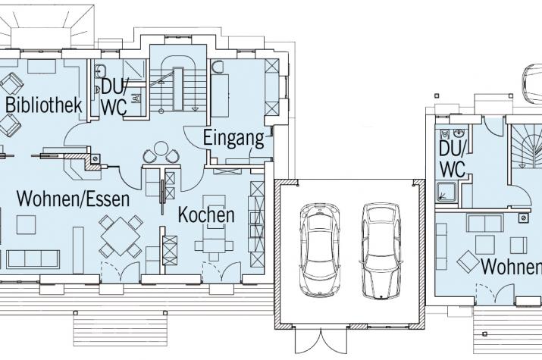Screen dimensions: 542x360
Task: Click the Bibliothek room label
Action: (44, 105)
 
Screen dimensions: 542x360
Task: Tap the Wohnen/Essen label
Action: (74, 199)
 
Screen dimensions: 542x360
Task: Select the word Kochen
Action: (206, 214)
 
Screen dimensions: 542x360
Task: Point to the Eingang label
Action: (233, 138)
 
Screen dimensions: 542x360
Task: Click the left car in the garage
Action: (319, 250)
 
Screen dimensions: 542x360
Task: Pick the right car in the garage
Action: (381, 250)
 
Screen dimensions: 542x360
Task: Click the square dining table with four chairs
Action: (121, 236)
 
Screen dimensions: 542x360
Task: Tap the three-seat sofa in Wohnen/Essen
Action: (33, 259)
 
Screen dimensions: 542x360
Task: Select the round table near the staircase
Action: (161, 149)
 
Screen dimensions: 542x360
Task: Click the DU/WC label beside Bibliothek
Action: (114, 98)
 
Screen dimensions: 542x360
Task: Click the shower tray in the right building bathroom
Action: (446, 192)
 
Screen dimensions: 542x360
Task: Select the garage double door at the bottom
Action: (321, 340)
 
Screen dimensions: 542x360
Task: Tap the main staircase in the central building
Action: (178, 84)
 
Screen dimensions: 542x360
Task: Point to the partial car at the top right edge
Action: (531, 83)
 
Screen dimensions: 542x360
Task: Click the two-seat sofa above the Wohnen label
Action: (484, 223)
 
